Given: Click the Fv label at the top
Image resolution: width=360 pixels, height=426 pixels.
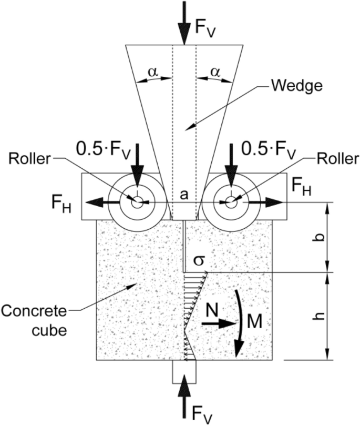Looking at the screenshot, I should tap(205, 26).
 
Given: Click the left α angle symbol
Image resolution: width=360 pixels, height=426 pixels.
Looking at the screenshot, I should tap(153, 72).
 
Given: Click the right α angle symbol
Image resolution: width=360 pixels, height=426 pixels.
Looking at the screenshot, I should tap(215, 72).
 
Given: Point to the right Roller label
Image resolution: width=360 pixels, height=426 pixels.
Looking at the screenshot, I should tap(330, 159).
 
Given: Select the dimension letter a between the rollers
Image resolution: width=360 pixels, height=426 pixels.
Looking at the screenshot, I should tap(183, 194).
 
